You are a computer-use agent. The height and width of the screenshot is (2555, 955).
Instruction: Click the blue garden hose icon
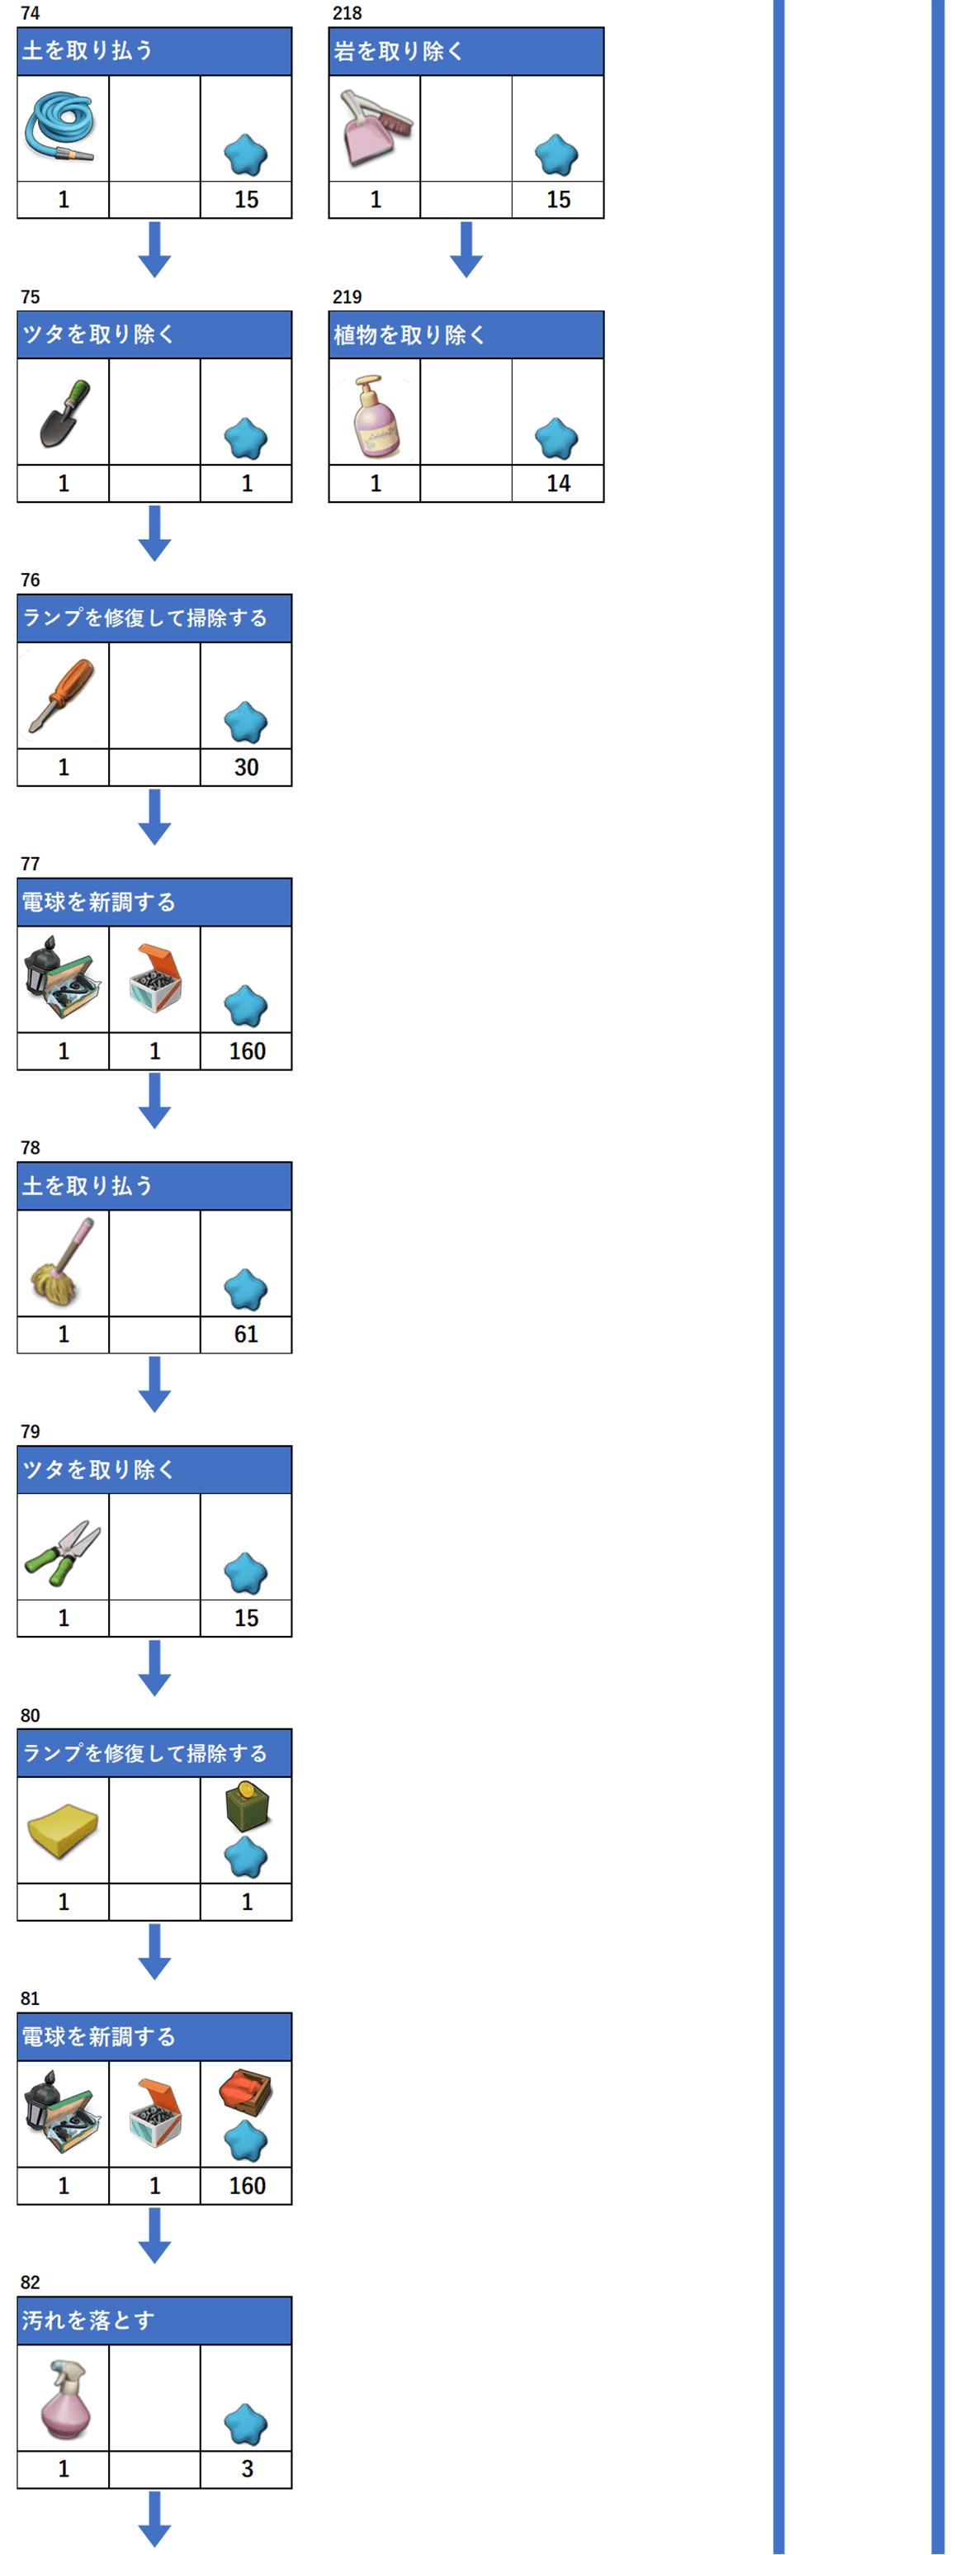[x=61, y=128]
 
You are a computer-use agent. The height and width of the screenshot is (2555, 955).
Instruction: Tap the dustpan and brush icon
[x=375, y=128]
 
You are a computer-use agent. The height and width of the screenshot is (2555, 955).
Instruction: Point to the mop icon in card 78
[x=64, y=1262]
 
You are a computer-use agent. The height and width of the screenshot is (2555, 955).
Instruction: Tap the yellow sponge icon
[x=64, y=1829]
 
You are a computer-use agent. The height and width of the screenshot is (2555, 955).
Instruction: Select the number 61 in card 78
[x=246, y=1334]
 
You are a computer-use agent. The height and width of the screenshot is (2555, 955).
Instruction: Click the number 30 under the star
[x=246, y=766]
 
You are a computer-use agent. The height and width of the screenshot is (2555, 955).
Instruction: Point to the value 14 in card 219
[x=558, y=483]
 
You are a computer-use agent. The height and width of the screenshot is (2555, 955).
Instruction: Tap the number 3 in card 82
[x=247, y=2469]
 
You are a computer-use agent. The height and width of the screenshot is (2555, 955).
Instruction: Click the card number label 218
[x=347, y=13]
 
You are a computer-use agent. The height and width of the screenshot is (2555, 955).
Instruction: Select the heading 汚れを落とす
[x=88, y=2320]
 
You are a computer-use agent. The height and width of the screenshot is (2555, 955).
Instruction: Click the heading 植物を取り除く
[x=409, y=335]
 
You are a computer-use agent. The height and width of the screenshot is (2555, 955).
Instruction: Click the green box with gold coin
[x=247, y=1806]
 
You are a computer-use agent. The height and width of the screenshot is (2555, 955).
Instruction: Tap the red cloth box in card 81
[x=246, y=2091]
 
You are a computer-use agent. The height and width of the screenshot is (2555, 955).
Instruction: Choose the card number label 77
[x=31, y=864]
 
